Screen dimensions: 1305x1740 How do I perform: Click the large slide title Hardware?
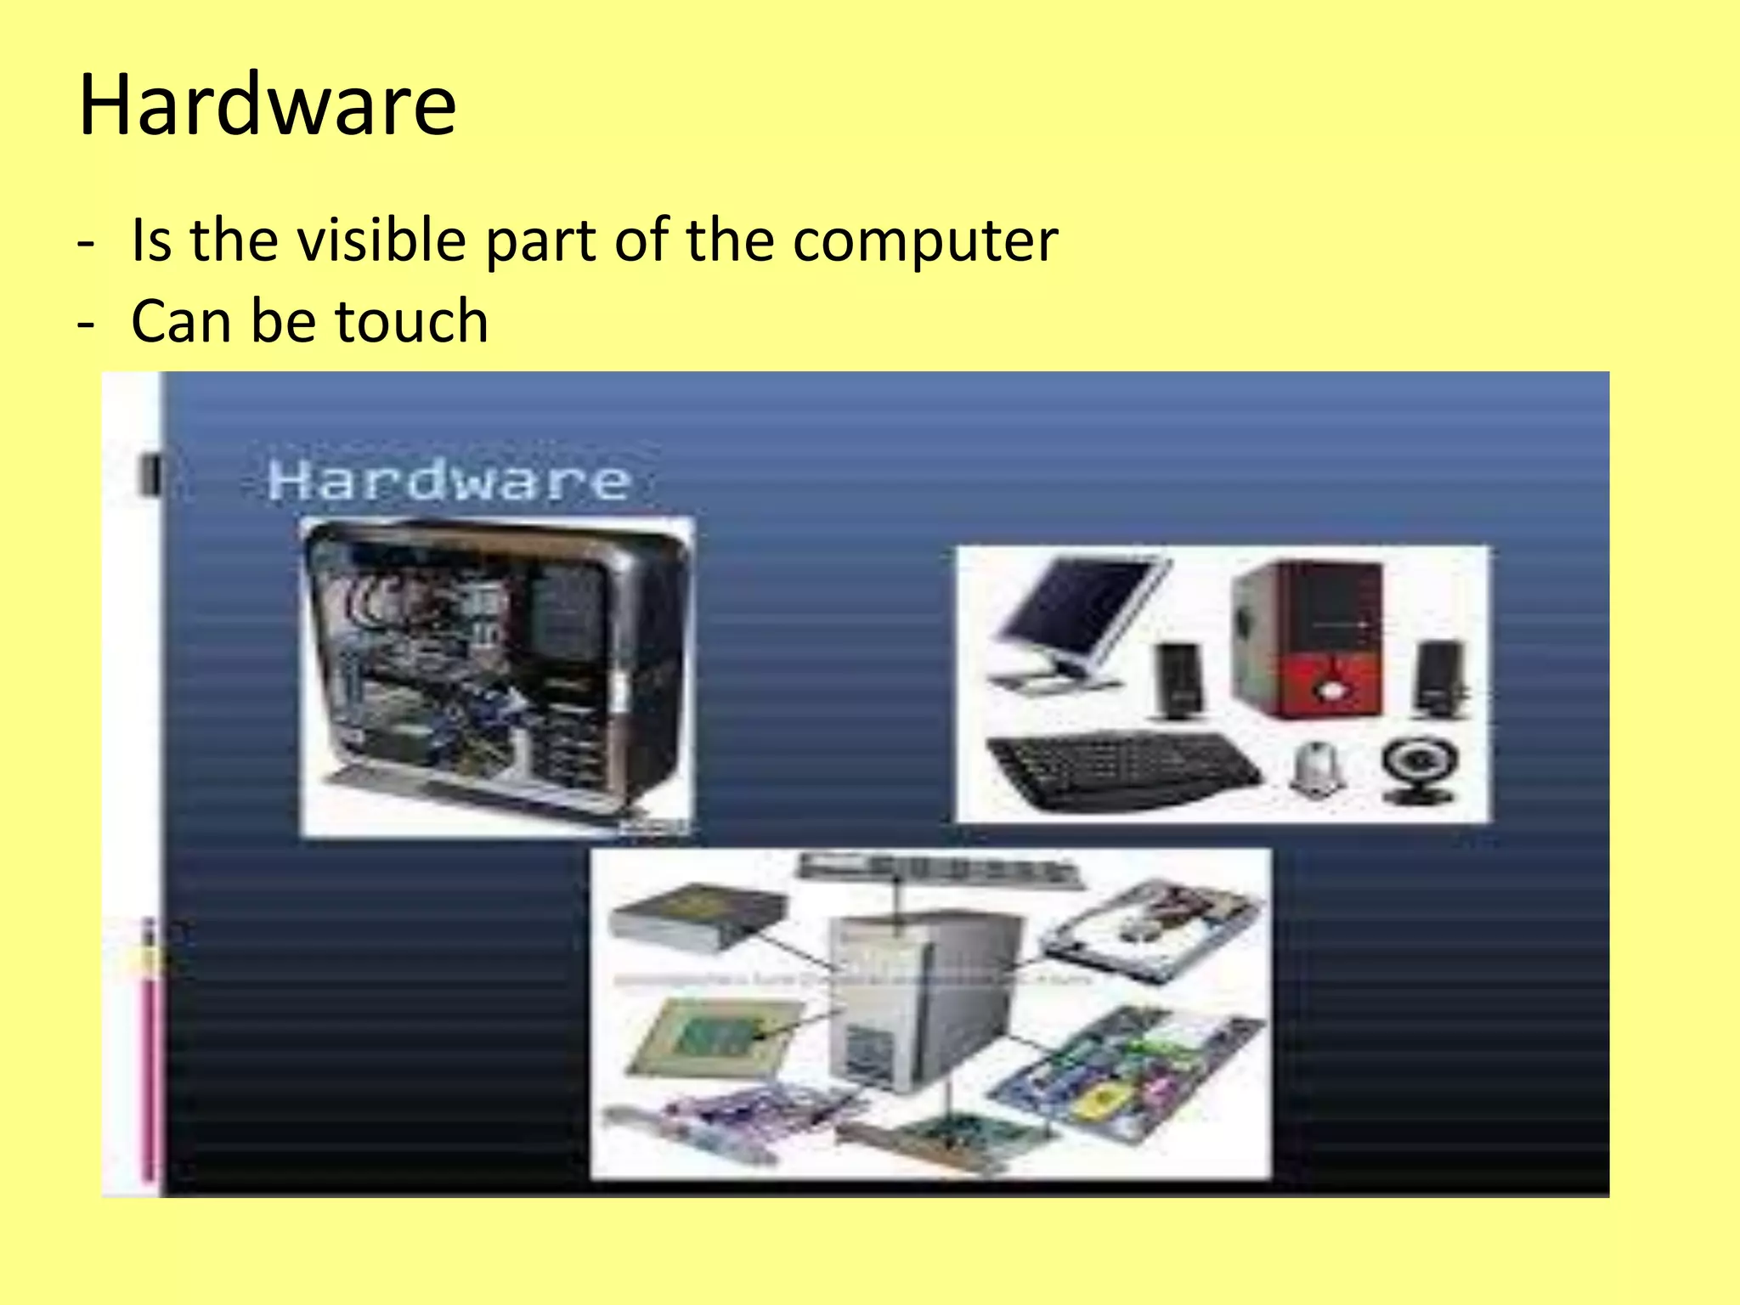[x=268, y=105]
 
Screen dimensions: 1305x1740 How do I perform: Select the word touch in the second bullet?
[x=412, y=321]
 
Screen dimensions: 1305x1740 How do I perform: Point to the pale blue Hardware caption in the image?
[x=449, y=481]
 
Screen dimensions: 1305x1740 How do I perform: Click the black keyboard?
[x=1121, y=769]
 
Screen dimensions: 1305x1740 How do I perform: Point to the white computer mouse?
[x=1315, y=769]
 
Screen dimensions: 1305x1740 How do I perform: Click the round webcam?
[x=1420, y=770]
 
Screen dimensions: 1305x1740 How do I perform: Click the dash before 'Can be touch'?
[x=86, y=324]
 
